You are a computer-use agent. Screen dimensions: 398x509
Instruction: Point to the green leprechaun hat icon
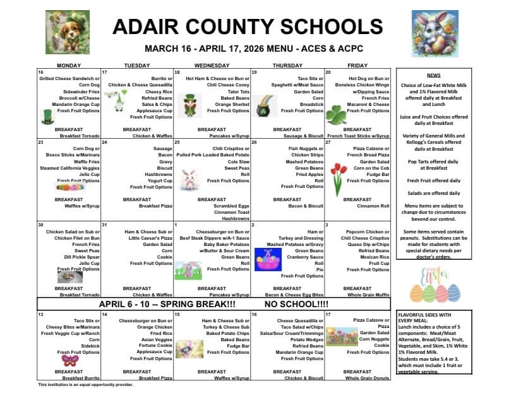click(x=48, y=117)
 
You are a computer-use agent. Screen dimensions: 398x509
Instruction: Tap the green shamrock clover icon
click(x=335, y=115)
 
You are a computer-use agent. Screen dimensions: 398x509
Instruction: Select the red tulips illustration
click(x=338, y=177)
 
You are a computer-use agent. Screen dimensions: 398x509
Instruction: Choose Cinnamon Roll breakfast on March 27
click(x=373, y=206)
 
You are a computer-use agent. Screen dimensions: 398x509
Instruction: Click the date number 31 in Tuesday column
click(x=105, y=225)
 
